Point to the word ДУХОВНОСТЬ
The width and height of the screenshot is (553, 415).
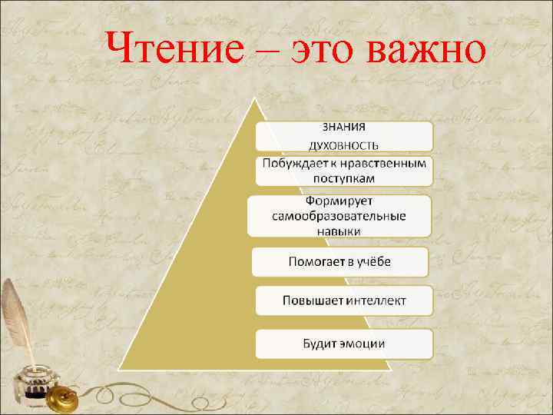click(x=343, y=144)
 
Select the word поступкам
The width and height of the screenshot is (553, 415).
click(x=343, y=178)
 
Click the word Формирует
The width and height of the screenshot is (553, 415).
click(x=339, y=201)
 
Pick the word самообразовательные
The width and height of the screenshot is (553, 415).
click(x=339, y=216)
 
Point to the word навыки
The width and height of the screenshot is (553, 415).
click(x=339, y=231)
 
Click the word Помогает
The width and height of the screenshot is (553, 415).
click(x=316, y=261)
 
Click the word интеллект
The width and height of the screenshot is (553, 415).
click(x=376, y=300)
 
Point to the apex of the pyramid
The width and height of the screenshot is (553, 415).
click(x=254, y=100)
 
